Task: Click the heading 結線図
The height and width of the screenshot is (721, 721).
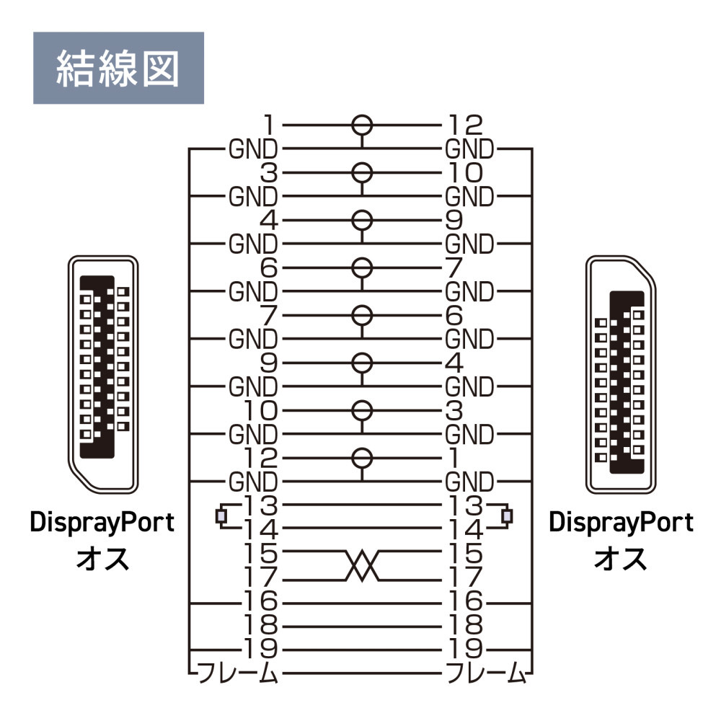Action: (118, 68)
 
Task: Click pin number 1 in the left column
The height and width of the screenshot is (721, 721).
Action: (269, 125)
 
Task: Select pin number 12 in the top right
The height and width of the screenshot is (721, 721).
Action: (465, 125)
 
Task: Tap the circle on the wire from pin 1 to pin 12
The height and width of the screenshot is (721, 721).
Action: (362, 125)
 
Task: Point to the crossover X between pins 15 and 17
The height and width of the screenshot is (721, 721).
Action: (362, 565)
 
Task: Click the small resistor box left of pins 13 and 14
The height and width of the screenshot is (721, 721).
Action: (221, 516)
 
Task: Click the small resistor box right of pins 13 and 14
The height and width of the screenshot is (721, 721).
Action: (507, 516)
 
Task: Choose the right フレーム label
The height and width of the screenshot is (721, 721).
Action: (485, 673)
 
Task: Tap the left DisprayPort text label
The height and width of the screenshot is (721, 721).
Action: (102, 523)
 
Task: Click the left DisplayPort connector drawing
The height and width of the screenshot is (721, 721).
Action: (103, 374)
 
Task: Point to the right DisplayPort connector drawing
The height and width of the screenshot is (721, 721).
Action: (621, 374)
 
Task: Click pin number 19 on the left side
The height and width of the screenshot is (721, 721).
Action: (260, 649)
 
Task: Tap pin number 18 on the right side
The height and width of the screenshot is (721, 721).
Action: (465, 625)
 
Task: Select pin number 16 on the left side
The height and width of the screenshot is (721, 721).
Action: (260, 601)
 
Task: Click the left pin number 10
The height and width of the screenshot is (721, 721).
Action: (260, 411)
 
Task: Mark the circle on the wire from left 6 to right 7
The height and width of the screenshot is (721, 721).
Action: (362, 268)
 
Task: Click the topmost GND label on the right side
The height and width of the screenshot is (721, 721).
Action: (469, 149)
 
